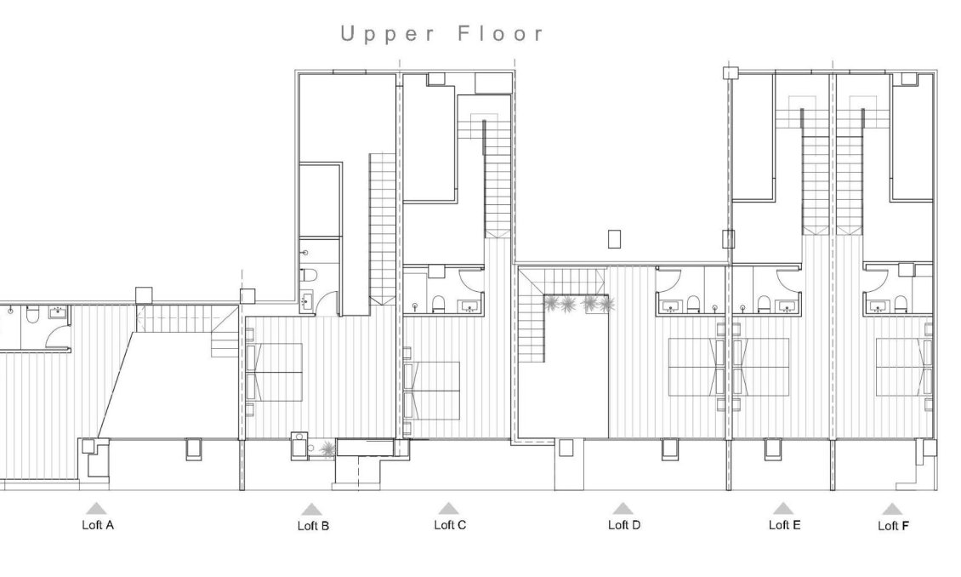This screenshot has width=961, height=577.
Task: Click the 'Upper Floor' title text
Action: coord(441,34)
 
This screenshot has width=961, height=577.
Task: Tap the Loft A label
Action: coord(98,525)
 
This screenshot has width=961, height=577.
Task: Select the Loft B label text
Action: coord(313,526)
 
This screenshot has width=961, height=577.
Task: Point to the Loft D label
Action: coord(623,525)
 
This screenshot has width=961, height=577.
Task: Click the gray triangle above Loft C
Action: coord(450,508)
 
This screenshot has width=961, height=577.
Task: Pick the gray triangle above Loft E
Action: coord(783,508)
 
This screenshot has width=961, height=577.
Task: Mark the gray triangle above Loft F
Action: coord(891,509)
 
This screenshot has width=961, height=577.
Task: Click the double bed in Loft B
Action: coord(274,372)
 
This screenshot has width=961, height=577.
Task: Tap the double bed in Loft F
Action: coord(903,367)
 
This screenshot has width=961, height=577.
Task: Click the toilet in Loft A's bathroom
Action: coord(31,316)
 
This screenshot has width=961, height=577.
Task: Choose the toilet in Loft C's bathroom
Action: coord(440,304)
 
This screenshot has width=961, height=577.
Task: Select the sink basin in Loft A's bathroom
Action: coord(59,314)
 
